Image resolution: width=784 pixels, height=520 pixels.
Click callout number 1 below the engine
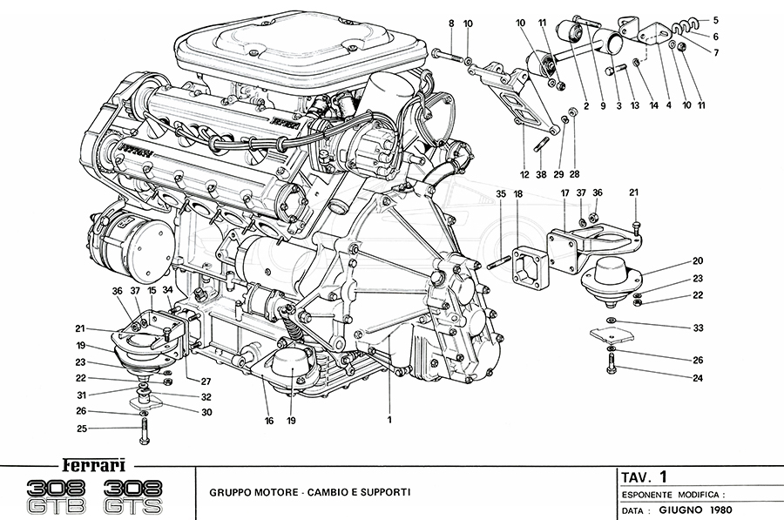click(x=389, y=420)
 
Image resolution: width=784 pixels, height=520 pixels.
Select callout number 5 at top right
click(x=715, y=19)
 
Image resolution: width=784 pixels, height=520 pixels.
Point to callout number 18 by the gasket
click(x=518, y=194)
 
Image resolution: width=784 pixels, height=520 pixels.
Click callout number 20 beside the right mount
click(x=697, y=260)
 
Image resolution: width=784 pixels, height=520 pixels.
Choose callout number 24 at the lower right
click(x=697, y=378)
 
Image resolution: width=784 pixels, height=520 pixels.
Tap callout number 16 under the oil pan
click(x=269, y=421)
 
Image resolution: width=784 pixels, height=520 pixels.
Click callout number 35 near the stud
click(x=500, y=194)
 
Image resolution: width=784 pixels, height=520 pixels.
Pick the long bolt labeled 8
click(x=446, y=55)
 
